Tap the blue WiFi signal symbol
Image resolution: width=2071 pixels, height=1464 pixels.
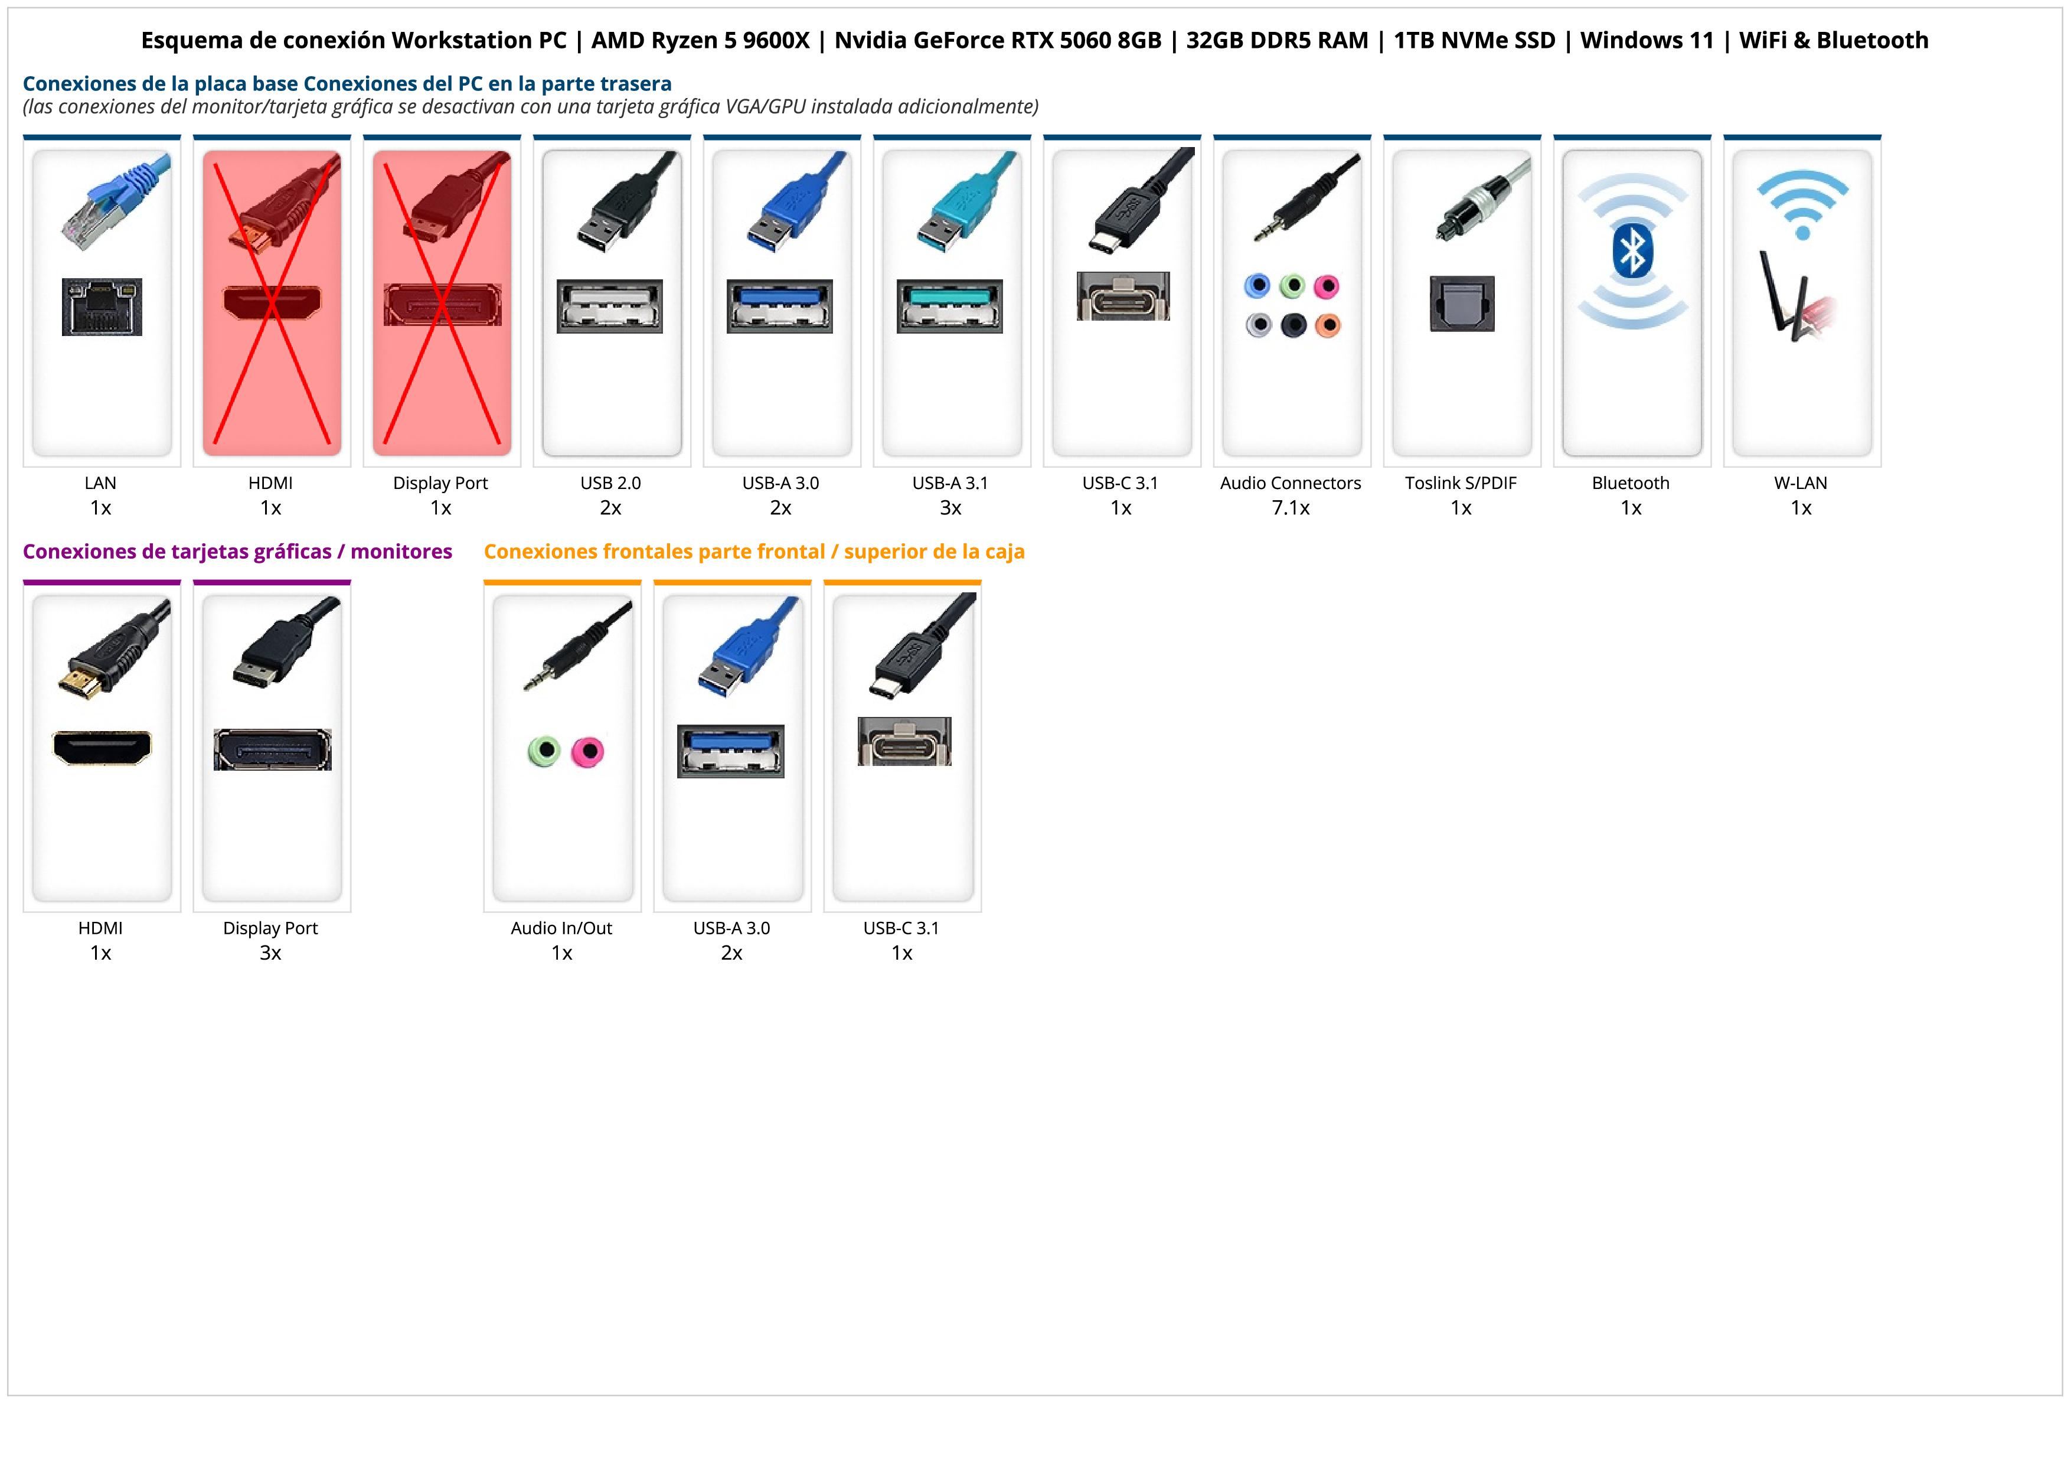tap(1802, 204)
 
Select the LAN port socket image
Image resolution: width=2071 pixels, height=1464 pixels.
tap(102, 307)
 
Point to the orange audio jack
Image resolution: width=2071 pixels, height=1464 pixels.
tap(1328, 325)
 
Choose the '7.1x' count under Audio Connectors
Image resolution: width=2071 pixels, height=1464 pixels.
tap(1291, 508)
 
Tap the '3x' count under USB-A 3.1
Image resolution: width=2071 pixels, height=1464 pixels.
tap(950, 508)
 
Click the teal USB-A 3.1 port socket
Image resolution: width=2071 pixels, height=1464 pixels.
tap(950, 307)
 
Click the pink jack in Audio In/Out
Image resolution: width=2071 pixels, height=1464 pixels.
tap(588, 751)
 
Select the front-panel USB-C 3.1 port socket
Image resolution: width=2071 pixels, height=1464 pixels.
tap(904, 742)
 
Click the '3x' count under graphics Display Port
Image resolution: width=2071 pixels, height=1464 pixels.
tap(270, 953)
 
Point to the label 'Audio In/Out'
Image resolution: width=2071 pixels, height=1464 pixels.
tap(561, 928)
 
